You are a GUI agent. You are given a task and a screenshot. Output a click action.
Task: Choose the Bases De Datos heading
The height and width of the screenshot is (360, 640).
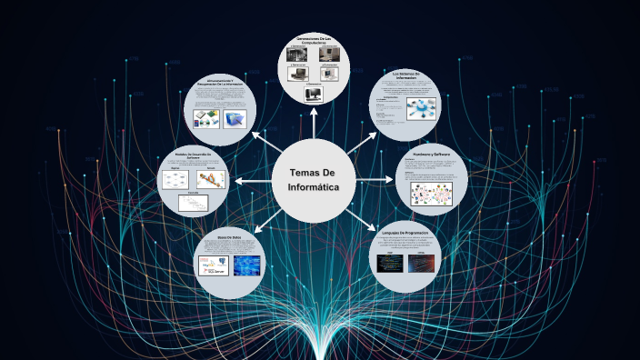click(x=229, y=237)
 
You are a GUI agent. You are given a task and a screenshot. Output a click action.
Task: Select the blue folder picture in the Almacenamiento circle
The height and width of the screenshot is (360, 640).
click(x=235, y=118)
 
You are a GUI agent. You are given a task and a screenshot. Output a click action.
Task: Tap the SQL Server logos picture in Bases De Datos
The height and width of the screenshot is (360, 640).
click(x=215, y=266)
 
